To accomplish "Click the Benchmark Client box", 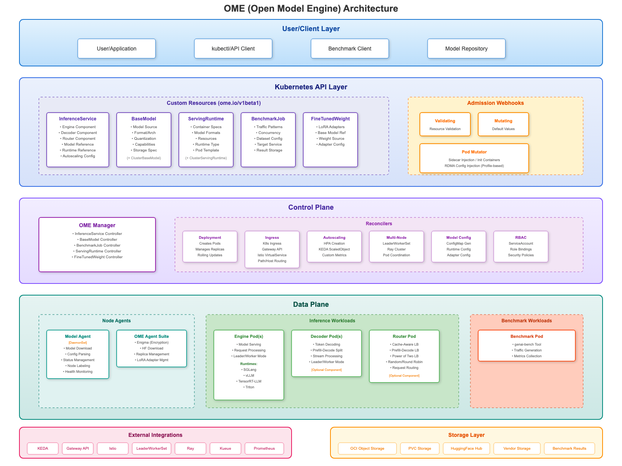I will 350,49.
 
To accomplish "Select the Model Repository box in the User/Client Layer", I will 466,49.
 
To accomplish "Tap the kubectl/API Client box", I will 233,49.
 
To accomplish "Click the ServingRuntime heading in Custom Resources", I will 206,119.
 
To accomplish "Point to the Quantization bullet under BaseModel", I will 145,139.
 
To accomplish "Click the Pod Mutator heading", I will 474,152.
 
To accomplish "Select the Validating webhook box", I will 445,124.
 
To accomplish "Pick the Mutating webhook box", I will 503,124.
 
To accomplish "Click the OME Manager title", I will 97,225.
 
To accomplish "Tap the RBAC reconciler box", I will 521,247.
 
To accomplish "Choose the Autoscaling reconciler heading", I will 334,238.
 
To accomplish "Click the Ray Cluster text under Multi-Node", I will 397,249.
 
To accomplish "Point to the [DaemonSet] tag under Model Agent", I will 78,343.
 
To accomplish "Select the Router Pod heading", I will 404,336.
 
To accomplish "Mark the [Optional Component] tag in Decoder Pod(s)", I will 327,370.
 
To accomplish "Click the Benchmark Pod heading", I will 527,336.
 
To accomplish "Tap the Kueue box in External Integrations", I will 225,449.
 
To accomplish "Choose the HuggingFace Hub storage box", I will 466,449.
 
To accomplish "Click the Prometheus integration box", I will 264,449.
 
